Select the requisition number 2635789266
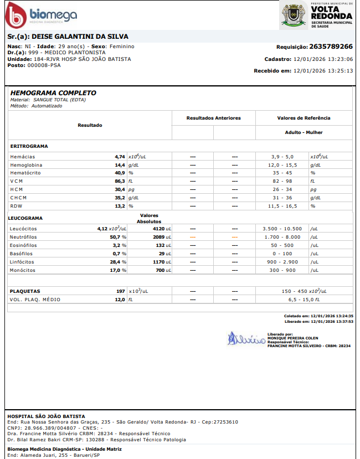pyautogui.click(x=331, y=47)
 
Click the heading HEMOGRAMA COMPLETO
pyautogui.click(x=53, y=93)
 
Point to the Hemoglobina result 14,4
pyautogui.click(x=120, y=165)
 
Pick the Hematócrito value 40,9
pyautogui.click(x=120, y=173)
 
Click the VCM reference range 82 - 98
pyautogui.click(x=282, y=181)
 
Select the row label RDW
pyautogui.click(x=16, y=206)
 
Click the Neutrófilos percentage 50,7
pyautogui.click(x=119, y=236)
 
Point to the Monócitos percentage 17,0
pyautogui.click(x=119, y=270)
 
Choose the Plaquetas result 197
pyautogui.click(x=120, y=291)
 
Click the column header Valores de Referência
pyautogui.click(x=304, y=118)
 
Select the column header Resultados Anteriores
pyautogui.click(x=213, y=118)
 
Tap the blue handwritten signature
pyautogui.click(x=244, y=338)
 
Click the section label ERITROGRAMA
pyautogui.click(x=29, y=146)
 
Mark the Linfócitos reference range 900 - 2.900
pyautogui.click(x=282, y=261)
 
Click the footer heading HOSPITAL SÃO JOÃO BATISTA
pyautogui.click(x=46, y=416)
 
